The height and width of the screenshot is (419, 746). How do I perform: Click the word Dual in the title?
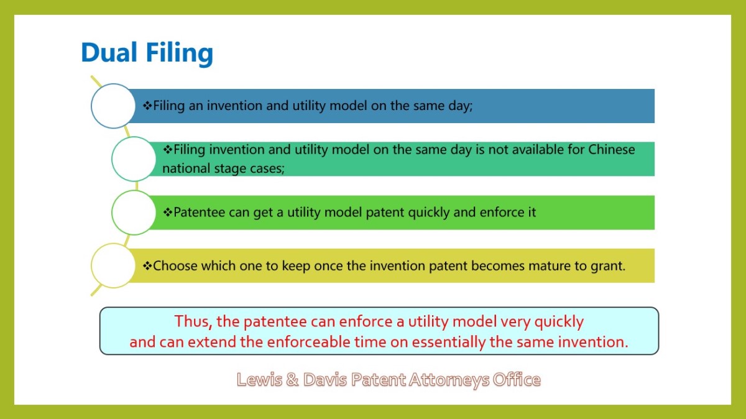click(109, 53)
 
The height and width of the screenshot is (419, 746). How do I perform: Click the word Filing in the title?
click(180, 54)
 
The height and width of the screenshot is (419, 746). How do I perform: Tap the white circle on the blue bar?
click(113, 106)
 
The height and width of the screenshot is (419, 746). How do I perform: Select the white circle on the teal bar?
click(134, 159)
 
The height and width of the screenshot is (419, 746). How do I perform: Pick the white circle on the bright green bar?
click(134, 213)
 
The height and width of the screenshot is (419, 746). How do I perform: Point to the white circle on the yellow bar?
click(113, 265)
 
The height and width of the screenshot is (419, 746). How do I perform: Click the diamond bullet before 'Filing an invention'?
click(147, 106)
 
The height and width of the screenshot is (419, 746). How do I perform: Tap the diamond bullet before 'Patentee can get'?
click(168, 212)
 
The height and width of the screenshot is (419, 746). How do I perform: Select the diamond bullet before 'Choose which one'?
click(147, 266)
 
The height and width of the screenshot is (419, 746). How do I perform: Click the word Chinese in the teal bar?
click(612, 150)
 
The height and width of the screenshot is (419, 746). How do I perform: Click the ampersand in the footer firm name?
click(292, 380)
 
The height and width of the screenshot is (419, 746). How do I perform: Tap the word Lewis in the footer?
click(259, 380)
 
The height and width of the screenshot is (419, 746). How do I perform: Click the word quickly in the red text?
click(559, 323)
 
